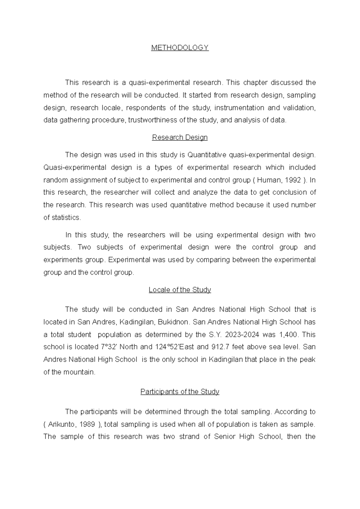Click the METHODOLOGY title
pos(180,48)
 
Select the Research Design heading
pos(180,137)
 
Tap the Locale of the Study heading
pos(180,290)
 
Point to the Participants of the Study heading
pos(180,392)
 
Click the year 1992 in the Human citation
pos(293,180)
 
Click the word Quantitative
pos(207,155)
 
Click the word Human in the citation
pos(269,180)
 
